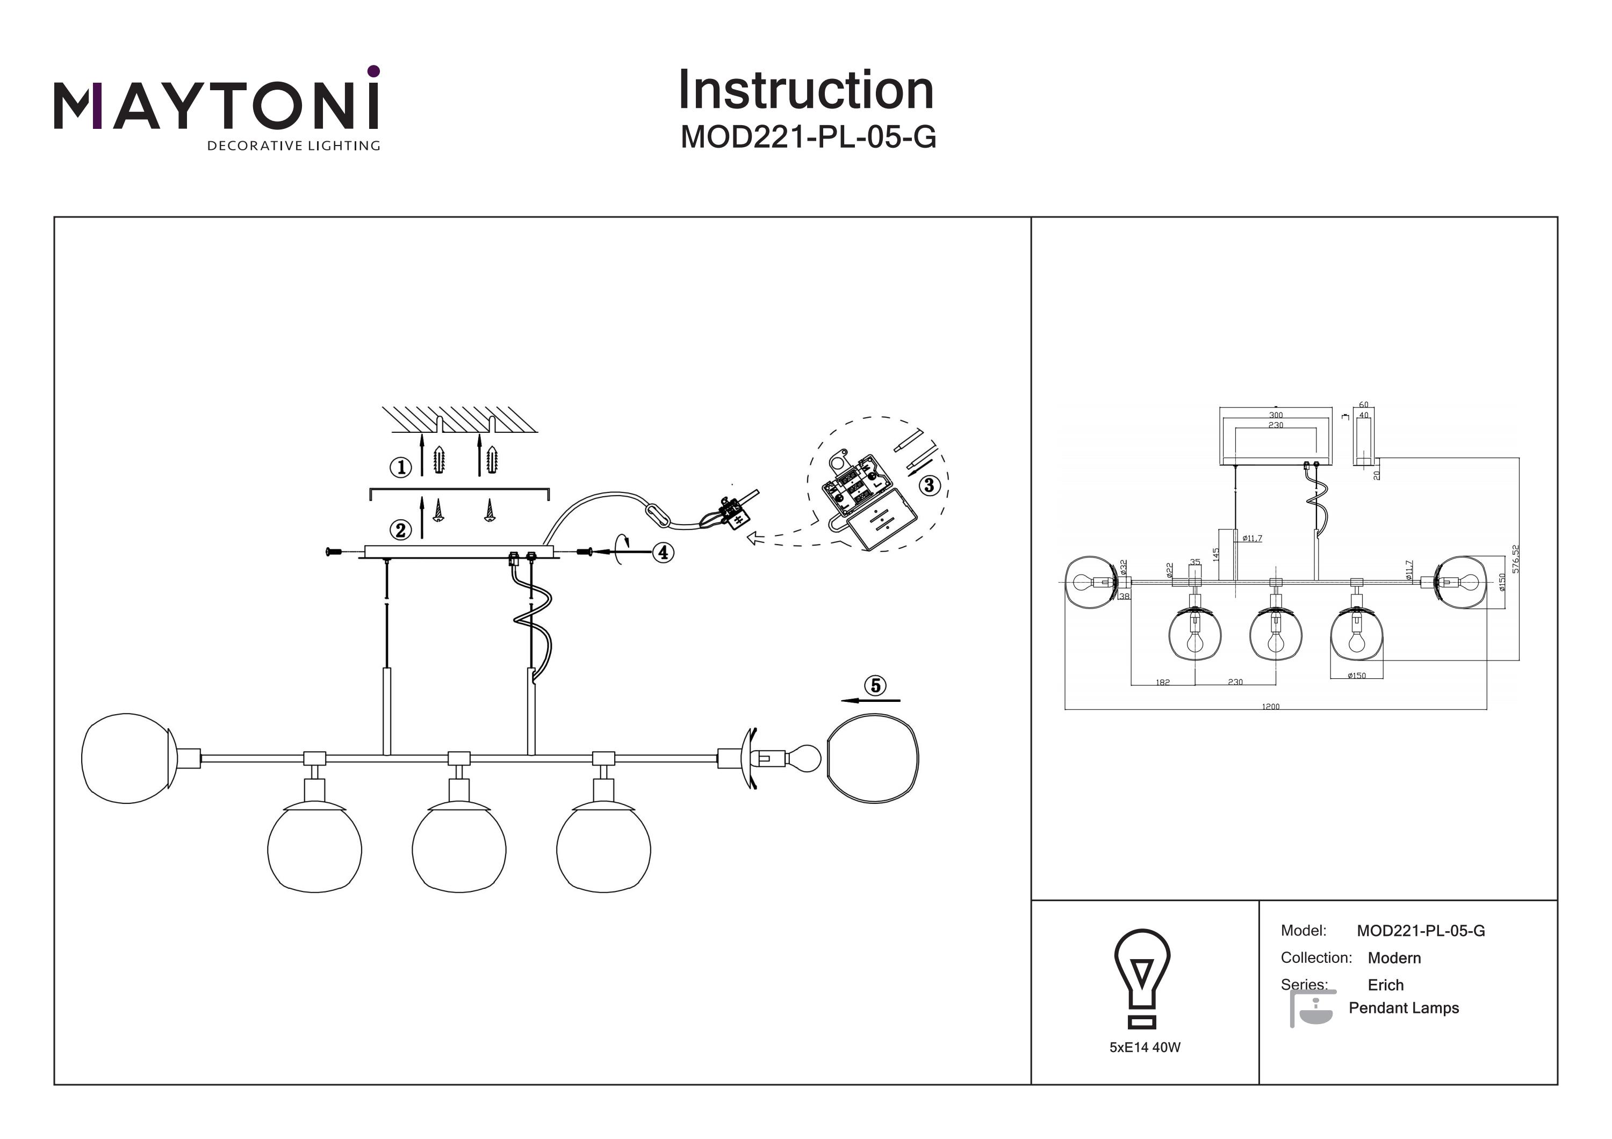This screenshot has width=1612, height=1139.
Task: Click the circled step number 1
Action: pyautogui.click(x=401, y=467)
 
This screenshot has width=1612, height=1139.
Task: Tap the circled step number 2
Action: pyautogui.click(x=401, y=530)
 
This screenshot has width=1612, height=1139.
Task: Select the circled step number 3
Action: pyautogui.click(x=930, y=485)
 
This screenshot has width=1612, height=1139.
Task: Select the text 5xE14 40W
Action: pyautogui.click(x=1145, y=1047)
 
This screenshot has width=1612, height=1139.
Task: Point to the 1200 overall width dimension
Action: pyautogui.click(x=1271, y=707)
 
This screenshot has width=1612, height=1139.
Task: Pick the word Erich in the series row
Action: pyautogui.click(x=1385, y=984)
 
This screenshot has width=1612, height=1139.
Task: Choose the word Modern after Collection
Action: pyautogui.click(x=1394, y=958)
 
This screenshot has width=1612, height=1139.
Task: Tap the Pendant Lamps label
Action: pyautogui.click(x=1404, y=1008)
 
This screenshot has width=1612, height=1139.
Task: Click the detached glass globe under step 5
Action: pyautogui.click(x=873, y=759)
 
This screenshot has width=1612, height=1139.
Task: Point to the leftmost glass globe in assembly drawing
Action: pyautogui.click(x=126, y=758)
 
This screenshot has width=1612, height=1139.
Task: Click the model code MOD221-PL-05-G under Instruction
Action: pyautogui.click(x=808, y=137)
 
